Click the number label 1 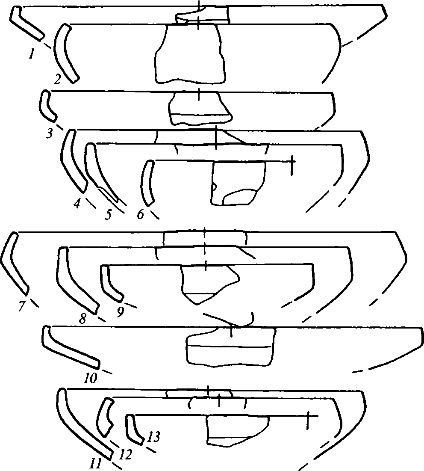(x=31, y=54)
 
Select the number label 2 (x=57, y=79)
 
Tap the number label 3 (x=50, y=133)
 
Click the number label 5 (x=108, y=214)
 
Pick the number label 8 (x=82, y=318)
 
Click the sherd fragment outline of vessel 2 (x=190, y=54)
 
